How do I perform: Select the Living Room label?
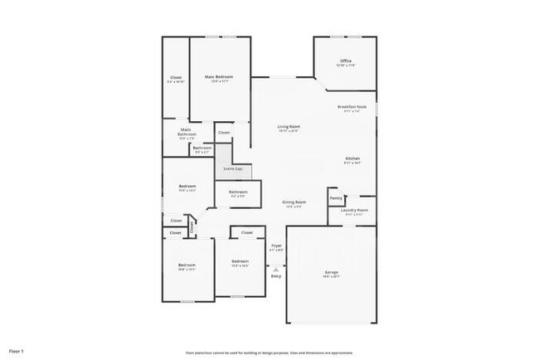(288, 126)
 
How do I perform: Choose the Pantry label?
(336, 198)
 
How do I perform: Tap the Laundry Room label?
(355, 211)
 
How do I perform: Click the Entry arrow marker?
(276, 268)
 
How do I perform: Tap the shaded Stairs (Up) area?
(233, 169)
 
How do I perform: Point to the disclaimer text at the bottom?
(269, 353)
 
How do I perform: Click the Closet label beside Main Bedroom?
(176, 78)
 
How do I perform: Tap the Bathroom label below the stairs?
(239, 192)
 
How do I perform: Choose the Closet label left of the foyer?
(247, 233)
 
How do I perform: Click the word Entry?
(276, 275)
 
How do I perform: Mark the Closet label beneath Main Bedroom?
(224, 133)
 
